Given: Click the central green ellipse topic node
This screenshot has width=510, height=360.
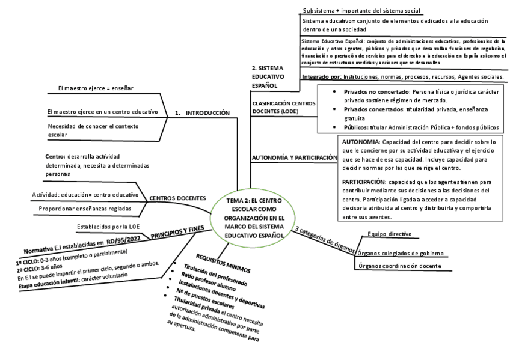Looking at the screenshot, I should tap(253, 218).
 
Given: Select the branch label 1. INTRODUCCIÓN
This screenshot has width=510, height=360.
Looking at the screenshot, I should tap(202, 112).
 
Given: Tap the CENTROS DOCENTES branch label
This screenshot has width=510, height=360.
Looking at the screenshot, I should tap(177, 198).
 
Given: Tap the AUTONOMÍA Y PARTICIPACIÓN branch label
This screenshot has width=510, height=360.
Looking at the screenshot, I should tap(293, 157).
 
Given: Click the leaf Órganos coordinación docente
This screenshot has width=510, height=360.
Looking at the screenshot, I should tap(399, 266).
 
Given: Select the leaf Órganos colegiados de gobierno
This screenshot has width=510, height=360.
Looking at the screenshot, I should tap(401, 253).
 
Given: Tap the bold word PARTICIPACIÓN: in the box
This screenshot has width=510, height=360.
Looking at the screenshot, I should tap(364, 181).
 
